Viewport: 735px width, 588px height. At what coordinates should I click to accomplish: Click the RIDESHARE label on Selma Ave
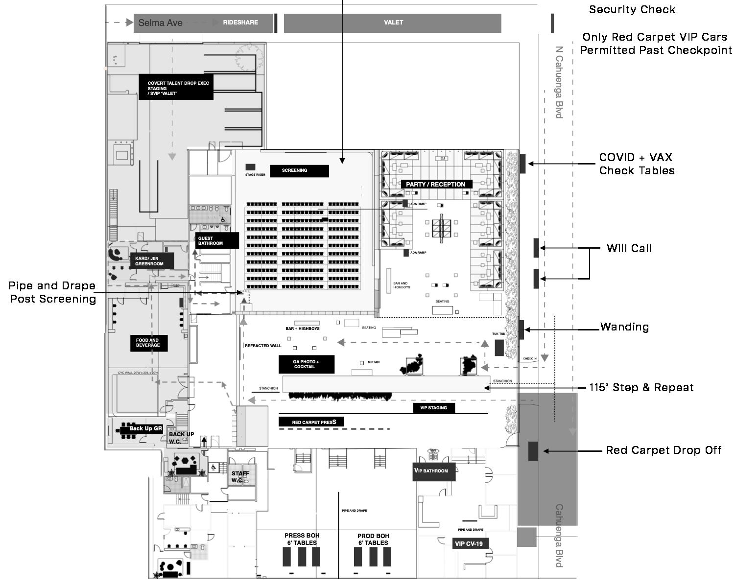(x=240, y=23)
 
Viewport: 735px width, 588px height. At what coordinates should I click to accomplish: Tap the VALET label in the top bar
(x=393, y=23)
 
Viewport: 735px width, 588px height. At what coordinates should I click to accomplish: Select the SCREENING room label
(x=299, y=171)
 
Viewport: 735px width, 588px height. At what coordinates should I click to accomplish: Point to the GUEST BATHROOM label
(x=217, y=241)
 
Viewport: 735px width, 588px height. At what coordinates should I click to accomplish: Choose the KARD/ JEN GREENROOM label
(x=151, y=261)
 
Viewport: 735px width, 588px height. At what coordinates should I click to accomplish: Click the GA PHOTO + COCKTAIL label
(x=307, y=364)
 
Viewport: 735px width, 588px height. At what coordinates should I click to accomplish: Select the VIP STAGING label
(x=433, y=407)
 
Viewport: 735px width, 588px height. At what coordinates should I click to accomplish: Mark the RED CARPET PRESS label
(x=311, y=422)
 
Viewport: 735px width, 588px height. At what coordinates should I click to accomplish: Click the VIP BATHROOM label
(x=433, y=471)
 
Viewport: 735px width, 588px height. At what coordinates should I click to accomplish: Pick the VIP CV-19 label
(x=470, y=543)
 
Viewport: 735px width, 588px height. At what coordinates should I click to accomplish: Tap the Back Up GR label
(x=145, y=429)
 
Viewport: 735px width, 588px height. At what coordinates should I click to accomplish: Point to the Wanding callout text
(x=624, y=327)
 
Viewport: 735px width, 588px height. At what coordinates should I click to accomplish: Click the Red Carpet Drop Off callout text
(x=664, y=450)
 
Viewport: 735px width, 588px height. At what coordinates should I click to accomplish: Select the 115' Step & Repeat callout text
(x=641, y=388)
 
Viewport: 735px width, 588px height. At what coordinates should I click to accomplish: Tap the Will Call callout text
(x=629, y=249)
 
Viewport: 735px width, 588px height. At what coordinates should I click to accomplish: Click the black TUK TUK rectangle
(x=499, y=348)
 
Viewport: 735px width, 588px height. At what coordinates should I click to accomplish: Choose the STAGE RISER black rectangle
(x=250, y=167)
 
